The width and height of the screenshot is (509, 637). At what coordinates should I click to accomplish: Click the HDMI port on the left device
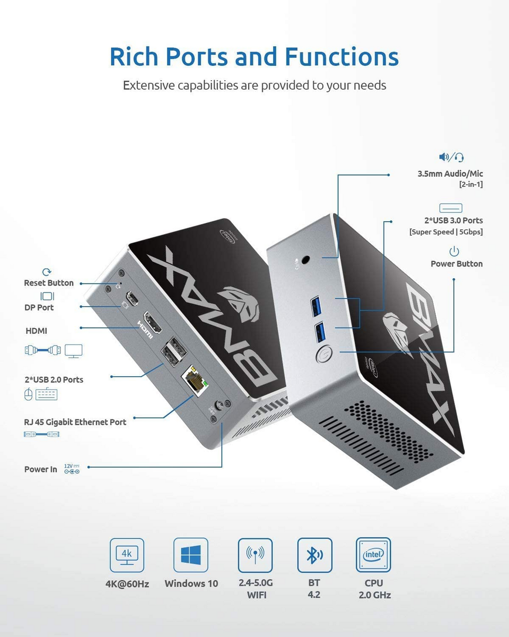point(153,322)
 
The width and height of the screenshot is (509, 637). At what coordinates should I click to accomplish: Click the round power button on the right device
point(324,354)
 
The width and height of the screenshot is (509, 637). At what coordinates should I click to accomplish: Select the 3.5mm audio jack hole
point(306,260)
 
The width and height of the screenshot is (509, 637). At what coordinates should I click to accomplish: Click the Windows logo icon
point(191,555)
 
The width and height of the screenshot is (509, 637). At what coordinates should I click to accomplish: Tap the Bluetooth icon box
point(315,555)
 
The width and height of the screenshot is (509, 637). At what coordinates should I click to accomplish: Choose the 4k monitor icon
point(127,555)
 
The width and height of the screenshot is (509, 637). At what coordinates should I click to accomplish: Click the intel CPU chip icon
point(374,555)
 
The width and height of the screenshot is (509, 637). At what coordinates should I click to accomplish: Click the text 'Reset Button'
point(49,283)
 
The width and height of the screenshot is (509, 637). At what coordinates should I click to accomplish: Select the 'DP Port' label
point(39,307)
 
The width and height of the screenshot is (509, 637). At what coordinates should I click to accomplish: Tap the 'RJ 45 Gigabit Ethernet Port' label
point(75,422)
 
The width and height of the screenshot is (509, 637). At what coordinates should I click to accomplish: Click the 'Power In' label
point(40,469)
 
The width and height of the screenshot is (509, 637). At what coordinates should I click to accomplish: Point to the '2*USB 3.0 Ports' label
point(453,220)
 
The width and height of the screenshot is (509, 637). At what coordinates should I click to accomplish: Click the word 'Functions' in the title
point(341,56)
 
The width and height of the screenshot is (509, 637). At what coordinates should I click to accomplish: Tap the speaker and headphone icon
point(451,157)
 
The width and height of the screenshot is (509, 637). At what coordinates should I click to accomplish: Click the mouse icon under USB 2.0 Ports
point(28,394)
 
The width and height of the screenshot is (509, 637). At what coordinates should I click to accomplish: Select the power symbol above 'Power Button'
point(454,252)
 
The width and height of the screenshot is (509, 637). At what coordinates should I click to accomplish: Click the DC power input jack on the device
point(219,405)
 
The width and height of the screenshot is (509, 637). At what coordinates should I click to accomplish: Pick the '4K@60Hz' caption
point(127,584)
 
